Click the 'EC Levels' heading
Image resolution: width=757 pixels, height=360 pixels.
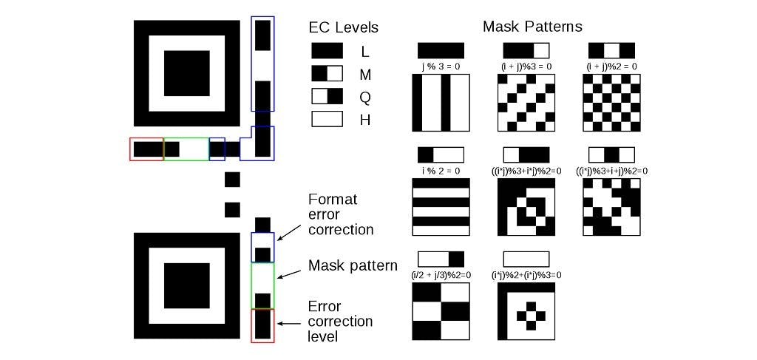coord(343,28)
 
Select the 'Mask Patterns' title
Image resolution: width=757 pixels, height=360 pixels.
coord(532,27)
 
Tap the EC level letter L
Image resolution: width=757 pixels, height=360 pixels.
coord(365,52)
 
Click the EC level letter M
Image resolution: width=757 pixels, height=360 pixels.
coord(365,74)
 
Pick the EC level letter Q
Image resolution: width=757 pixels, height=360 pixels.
coord(365,96)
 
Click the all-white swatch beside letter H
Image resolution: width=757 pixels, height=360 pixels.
coord(327,118)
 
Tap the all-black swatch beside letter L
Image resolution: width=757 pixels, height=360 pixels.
coord(327,51)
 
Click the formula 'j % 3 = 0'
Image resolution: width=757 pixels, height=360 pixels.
coord(441,67)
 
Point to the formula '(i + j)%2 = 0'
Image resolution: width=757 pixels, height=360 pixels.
coord(611,67)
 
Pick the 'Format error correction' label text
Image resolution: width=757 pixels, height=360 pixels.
coord(341,214)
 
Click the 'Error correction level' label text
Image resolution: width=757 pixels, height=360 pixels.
coord(341,322)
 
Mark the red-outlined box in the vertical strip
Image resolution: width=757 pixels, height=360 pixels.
coord(262,325)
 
